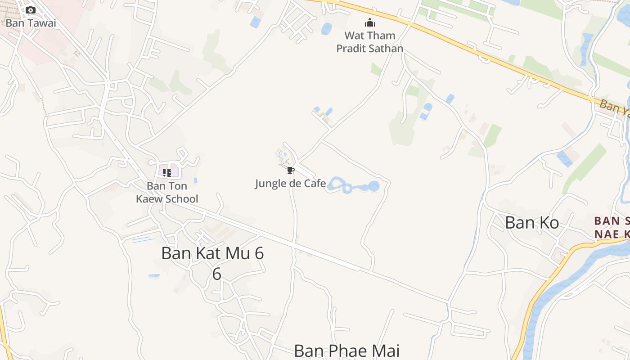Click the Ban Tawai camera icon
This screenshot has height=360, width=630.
tap(31, 10)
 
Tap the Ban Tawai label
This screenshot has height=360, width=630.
tap(31, 23)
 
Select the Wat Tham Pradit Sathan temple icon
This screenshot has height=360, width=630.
tap(370, 22)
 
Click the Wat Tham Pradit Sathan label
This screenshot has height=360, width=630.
tap(370, 42)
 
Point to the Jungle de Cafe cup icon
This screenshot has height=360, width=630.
tap(290, 170)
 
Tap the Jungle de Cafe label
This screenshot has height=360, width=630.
tap(290, 184)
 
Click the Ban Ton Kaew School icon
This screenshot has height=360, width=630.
tap(167, 172)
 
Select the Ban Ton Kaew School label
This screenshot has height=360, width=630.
tap(167, 192)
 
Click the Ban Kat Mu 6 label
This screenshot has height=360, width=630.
tap(212, 253)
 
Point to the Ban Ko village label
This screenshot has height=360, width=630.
tap(532, 223)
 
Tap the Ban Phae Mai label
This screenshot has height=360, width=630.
tap(346, 351)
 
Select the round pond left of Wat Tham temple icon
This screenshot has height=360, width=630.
tap(326, 29)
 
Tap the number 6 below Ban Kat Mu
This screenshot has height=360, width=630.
tap(217, 274)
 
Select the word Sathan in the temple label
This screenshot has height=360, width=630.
tap(386, 48)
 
